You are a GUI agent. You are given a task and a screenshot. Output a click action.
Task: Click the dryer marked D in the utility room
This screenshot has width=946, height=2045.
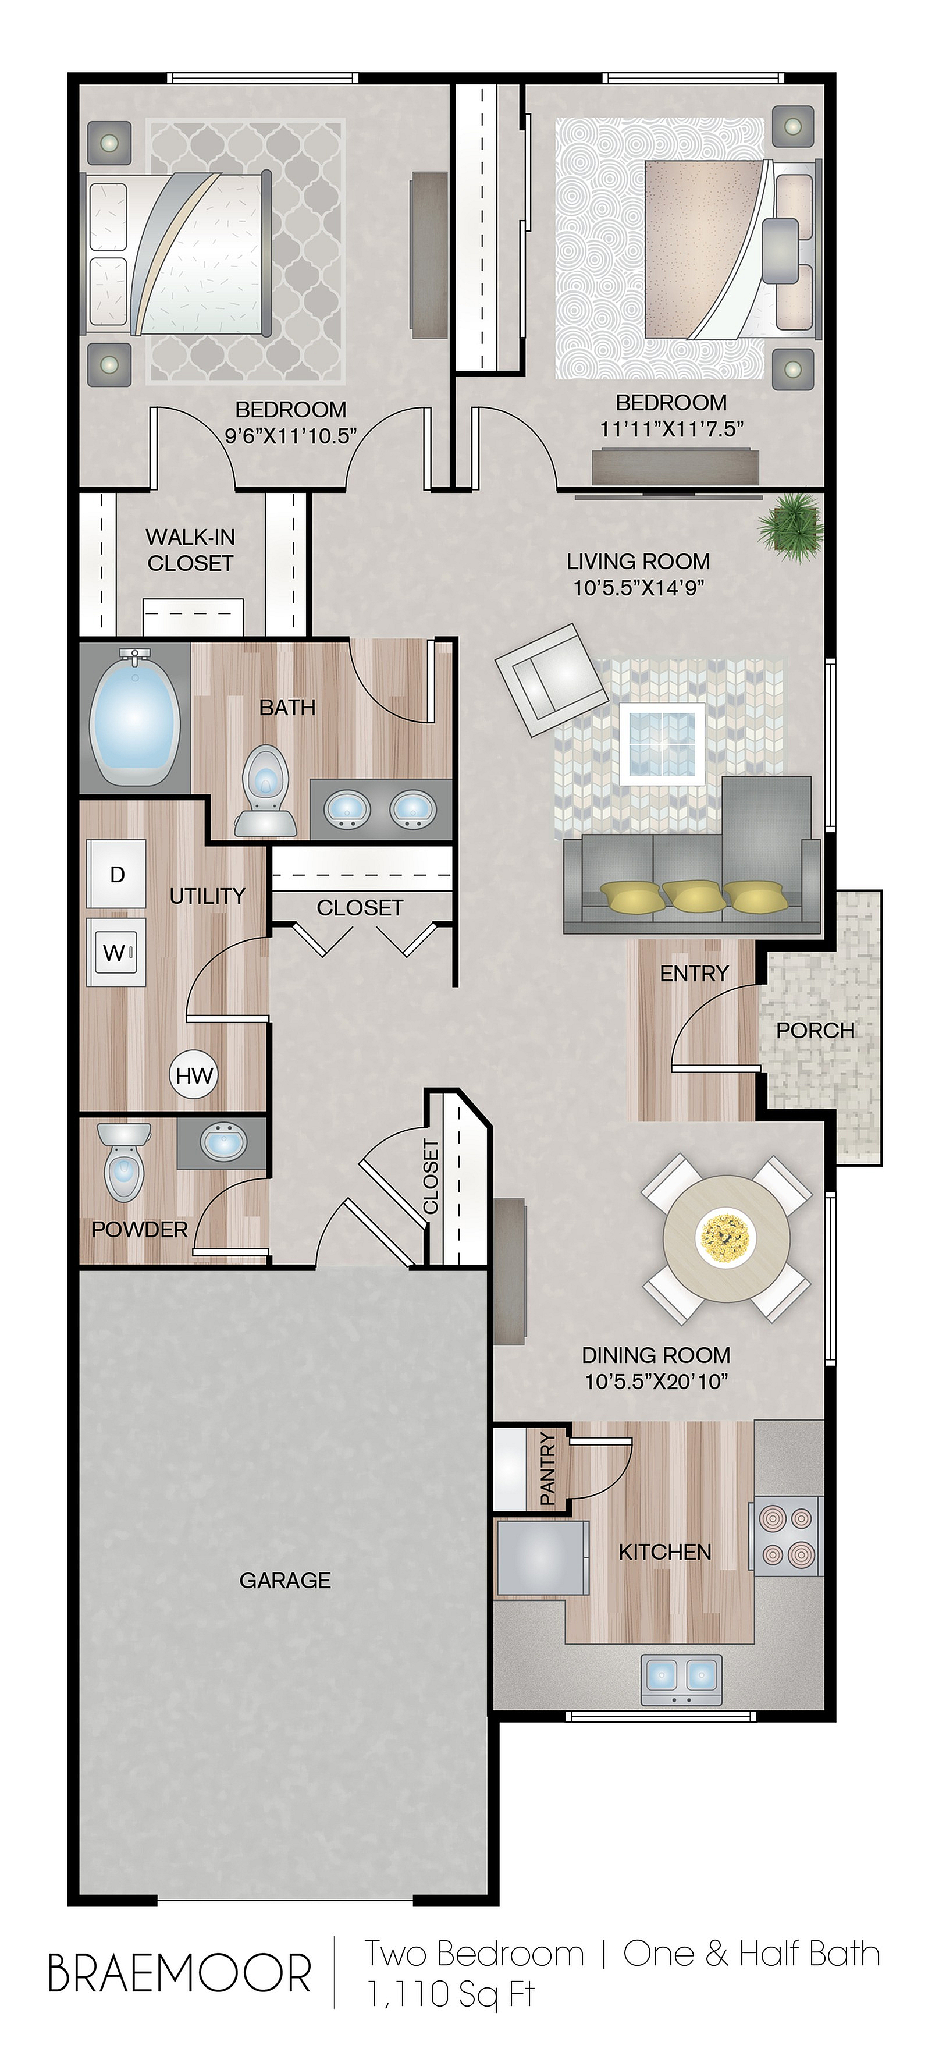pos(117,874)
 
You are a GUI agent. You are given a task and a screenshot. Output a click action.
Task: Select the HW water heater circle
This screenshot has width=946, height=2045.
pos(194,1075)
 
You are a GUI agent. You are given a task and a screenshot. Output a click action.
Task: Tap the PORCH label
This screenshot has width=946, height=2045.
pos(815,1031)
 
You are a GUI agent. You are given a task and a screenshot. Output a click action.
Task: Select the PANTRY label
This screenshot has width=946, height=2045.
pos(547,1469)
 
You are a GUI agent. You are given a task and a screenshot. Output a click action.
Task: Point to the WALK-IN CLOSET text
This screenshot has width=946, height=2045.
pos(190,550)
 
